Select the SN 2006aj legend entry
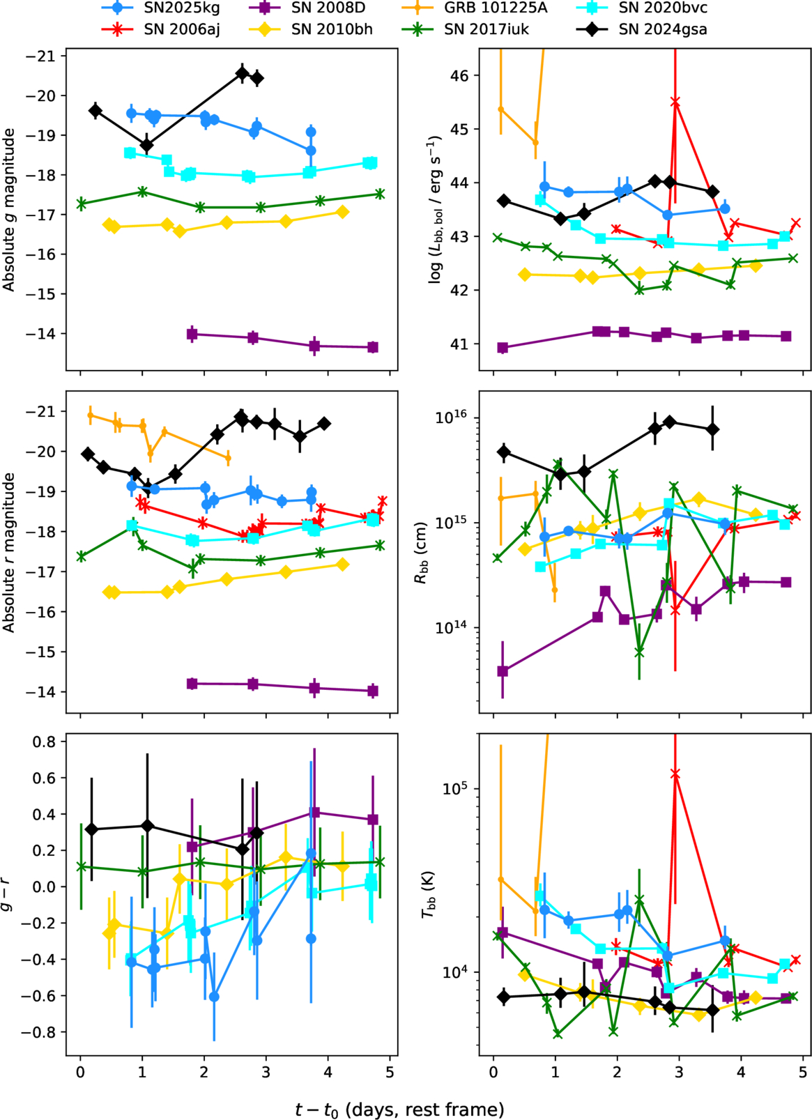182,29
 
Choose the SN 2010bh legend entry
332,29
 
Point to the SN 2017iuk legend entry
489,29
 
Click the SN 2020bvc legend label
663,8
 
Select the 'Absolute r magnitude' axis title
9,553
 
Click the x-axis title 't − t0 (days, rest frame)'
399,1109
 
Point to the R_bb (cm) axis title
421,553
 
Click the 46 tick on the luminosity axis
461,75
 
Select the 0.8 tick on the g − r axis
48,742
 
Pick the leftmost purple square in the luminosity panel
503,347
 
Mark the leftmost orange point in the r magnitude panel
90,415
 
